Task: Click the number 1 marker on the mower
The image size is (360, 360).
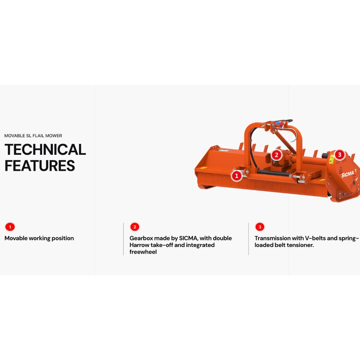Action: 237,176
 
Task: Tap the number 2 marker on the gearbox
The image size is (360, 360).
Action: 276,155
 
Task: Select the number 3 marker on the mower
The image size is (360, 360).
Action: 339,155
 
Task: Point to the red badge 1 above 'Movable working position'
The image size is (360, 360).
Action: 10,227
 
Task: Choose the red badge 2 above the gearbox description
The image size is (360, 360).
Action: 135,227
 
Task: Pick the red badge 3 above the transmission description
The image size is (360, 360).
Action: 260,227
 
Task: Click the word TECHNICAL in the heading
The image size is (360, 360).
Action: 45,149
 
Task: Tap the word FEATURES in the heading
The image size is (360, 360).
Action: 40,166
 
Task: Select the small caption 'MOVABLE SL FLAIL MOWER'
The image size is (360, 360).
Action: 33,136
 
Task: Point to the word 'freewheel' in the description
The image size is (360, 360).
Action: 143,252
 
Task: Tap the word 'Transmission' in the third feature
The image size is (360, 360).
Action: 273,238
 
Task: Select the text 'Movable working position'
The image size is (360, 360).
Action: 39,238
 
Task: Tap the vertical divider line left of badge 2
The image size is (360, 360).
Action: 123,239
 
